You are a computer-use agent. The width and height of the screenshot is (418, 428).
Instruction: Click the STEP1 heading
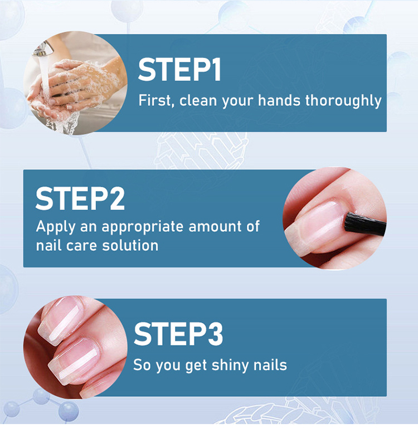pos(179,70)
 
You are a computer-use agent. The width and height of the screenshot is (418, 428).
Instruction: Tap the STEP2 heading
pos(80,198)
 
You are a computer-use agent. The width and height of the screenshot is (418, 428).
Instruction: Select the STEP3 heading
pos(178,334)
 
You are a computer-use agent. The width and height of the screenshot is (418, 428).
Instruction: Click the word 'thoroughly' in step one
pos(343,101)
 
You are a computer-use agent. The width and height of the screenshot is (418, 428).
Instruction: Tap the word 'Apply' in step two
pos(56,227)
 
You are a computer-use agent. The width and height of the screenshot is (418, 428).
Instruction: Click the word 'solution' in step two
pos(130,245)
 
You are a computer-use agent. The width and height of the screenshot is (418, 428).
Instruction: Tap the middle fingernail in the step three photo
pos(74,361)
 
